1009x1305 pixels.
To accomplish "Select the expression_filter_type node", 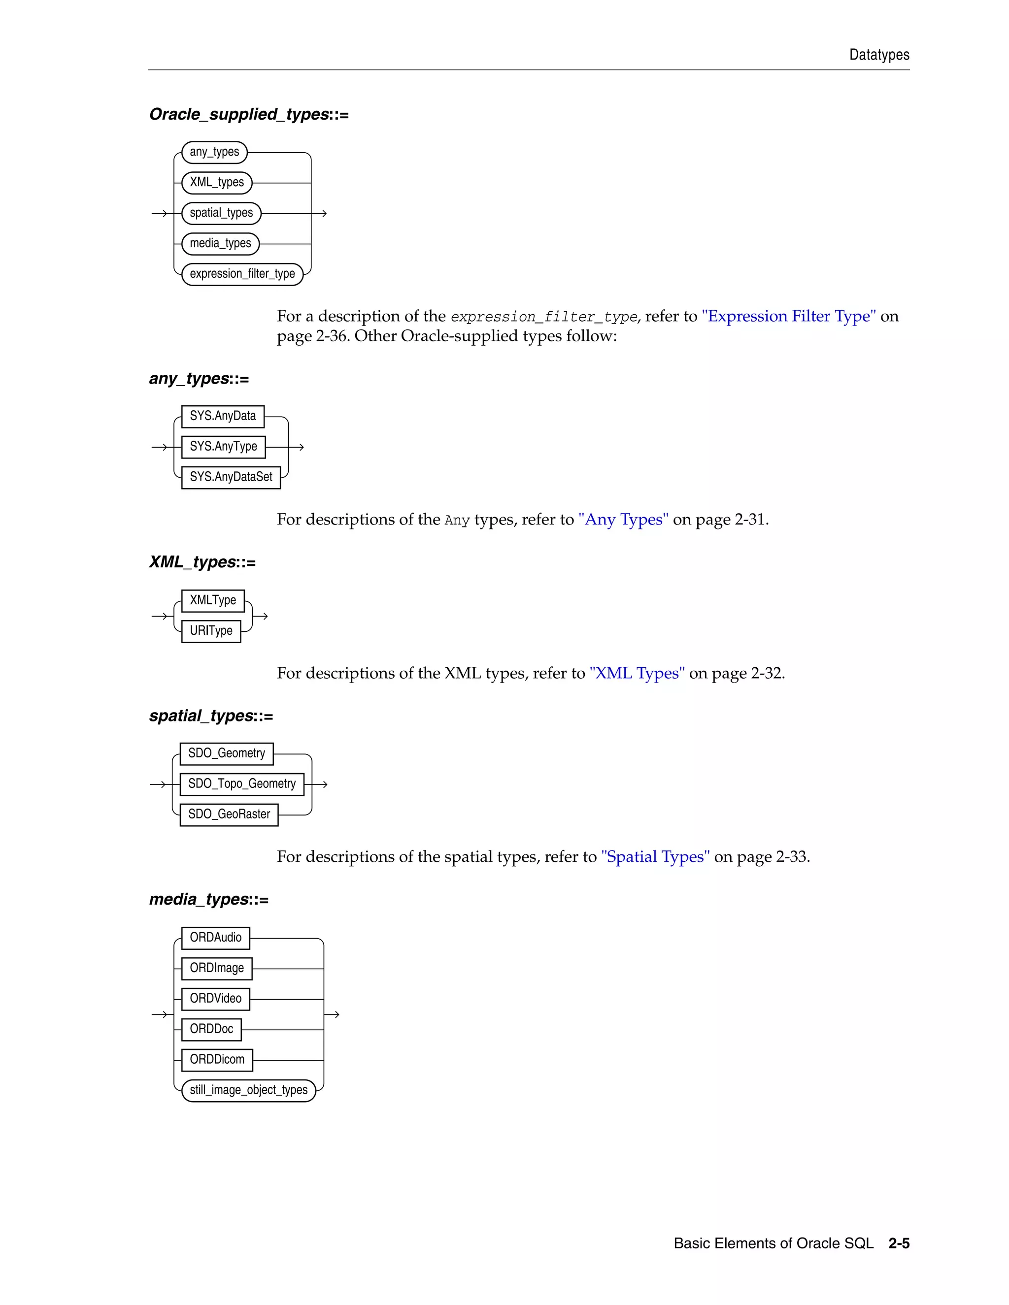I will (242, 274).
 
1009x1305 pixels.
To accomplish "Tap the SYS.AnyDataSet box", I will (231, 477).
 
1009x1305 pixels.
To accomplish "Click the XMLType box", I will (213, 600).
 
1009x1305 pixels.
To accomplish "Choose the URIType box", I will (211, 631).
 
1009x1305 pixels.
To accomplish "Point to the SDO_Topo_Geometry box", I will (241, 784).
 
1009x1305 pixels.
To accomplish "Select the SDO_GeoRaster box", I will (229, 815).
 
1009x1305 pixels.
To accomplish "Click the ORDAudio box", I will (215, 938).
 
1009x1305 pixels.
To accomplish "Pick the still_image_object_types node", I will (248, 1090).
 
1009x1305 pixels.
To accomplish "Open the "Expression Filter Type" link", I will (788, 316).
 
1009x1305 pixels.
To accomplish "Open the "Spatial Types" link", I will (655, 857).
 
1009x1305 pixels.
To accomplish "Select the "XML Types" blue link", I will (637, 673).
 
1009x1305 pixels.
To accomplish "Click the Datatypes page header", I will (879, 55).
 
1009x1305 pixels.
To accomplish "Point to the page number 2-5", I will (899, 1243).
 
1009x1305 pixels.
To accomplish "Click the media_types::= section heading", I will (208, 899).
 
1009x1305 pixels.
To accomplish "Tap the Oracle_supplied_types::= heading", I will (249, 114).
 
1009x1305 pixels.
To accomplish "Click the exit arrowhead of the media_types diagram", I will (336, 1014).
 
